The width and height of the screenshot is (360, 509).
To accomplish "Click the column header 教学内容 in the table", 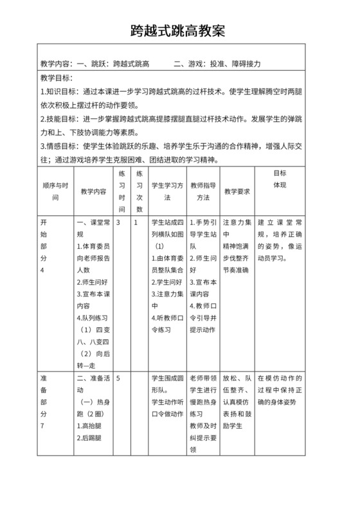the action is click(94, 192).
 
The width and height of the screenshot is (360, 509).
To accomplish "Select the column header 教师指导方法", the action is click(203, 192).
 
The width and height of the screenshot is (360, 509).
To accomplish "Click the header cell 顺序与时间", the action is click(55, 192).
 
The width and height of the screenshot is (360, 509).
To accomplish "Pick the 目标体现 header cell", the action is click(280, 179).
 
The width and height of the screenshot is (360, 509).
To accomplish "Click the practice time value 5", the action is click(119, 378).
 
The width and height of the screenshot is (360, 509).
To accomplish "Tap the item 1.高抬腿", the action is click(90, 425).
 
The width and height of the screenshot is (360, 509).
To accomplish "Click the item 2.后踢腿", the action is click(90, 438).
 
